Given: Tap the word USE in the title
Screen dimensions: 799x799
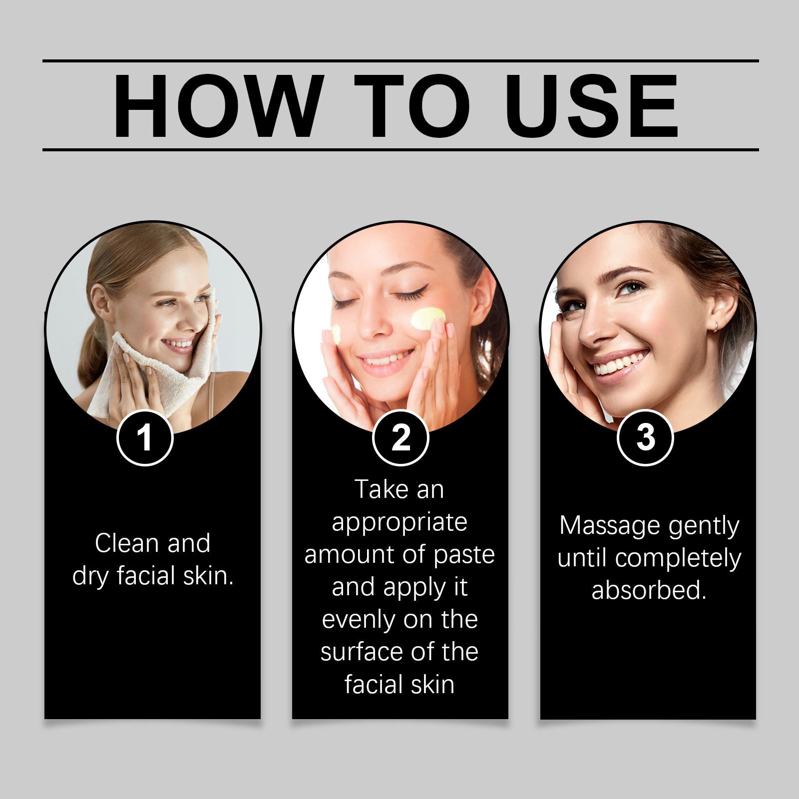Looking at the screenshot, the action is tap(592, 106).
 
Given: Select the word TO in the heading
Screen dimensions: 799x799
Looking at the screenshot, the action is tap(412, 106).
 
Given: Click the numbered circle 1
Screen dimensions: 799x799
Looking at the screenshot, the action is tap(145, 437).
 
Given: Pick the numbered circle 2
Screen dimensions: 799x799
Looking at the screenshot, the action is tap(400, 437).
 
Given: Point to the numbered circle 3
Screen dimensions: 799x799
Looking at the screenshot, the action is tap(646, 437).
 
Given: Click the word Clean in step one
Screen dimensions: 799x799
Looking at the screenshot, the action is tap(127, 543).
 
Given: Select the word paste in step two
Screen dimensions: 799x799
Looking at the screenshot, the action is tap(464, 556).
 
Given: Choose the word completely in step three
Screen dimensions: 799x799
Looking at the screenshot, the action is tap(678, 559).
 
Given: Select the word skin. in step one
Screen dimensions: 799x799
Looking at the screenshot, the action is tap(208, 575).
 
